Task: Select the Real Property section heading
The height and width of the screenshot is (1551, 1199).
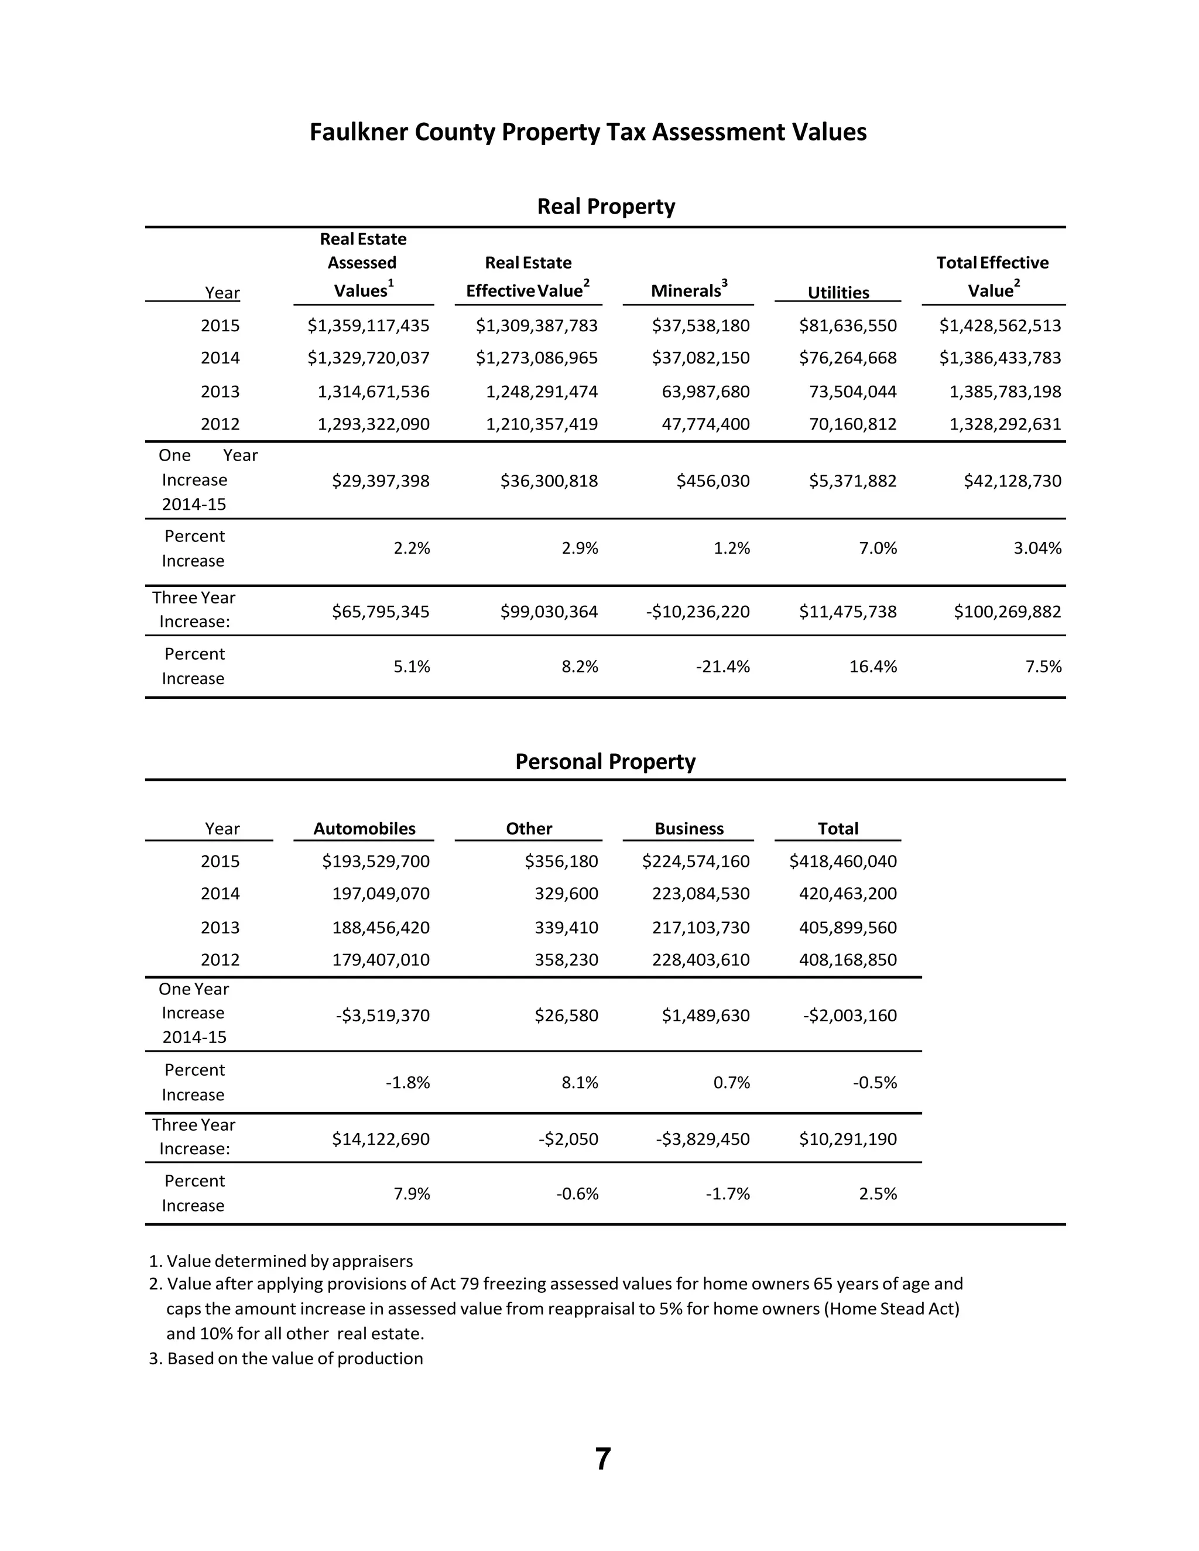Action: [605, 206]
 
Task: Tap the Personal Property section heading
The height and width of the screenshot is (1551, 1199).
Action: [605, 761]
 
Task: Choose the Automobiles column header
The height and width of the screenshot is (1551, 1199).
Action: [364, 828]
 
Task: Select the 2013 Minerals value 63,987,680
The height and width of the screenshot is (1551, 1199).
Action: [705, 392]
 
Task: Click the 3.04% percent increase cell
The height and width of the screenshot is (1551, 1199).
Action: [1037, 548]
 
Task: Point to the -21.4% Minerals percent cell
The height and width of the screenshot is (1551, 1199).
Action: [722, 666]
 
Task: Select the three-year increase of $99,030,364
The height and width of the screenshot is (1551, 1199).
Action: [549, 612]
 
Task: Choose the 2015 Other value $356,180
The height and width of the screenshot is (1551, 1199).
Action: [560, 861]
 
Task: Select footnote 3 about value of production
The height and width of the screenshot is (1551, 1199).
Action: [286, 1358]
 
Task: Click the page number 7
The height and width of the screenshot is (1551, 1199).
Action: [602, 1459]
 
